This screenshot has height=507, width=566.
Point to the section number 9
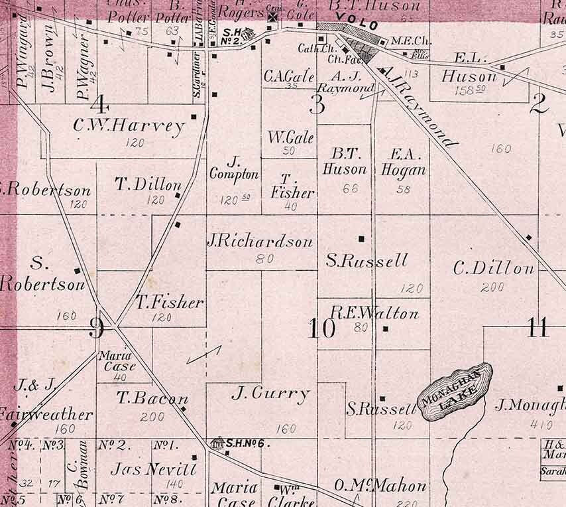click(x=97, y=326)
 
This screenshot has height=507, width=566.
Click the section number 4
click(x=100, y=104)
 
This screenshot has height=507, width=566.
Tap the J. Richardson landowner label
click(x=260, y=242)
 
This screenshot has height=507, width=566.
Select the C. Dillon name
click(x=494, y=269)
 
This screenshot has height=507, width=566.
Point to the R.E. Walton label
click(x=374, y=313)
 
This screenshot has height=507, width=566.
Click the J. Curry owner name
click(x=270, y=394)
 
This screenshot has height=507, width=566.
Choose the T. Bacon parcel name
click(x=152, y=399)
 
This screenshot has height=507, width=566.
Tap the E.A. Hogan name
click(x=402, y=162)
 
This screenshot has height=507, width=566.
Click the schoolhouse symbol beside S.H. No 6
click(x=216, y=442)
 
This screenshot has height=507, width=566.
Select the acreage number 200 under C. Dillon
click(x=492, y=287)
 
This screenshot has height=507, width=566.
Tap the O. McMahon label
click(x=380, y=486)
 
